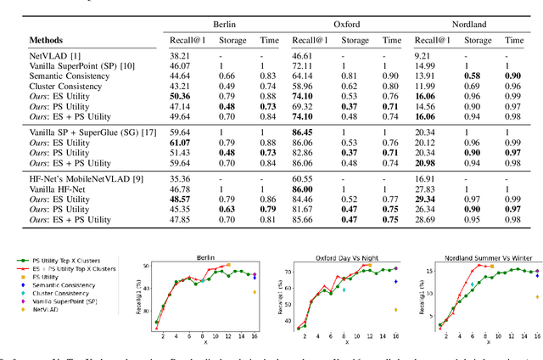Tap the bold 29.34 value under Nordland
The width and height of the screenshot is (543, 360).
428,198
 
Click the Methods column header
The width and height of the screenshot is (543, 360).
52,40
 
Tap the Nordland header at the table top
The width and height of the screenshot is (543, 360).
468,25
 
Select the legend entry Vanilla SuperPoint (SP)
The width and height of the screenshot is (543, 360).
76,301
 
